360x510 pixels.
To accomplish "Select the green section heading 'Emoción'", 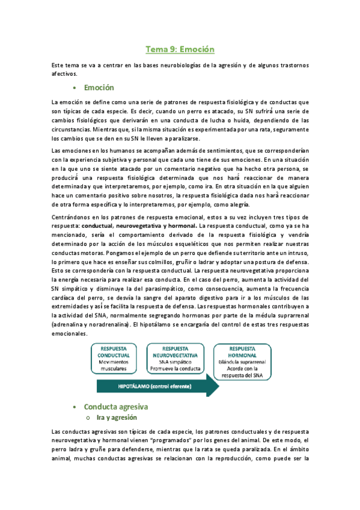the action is coord(99,88).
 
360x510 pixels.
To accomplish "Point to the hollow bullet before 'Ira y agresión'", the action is coord(88,418).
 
